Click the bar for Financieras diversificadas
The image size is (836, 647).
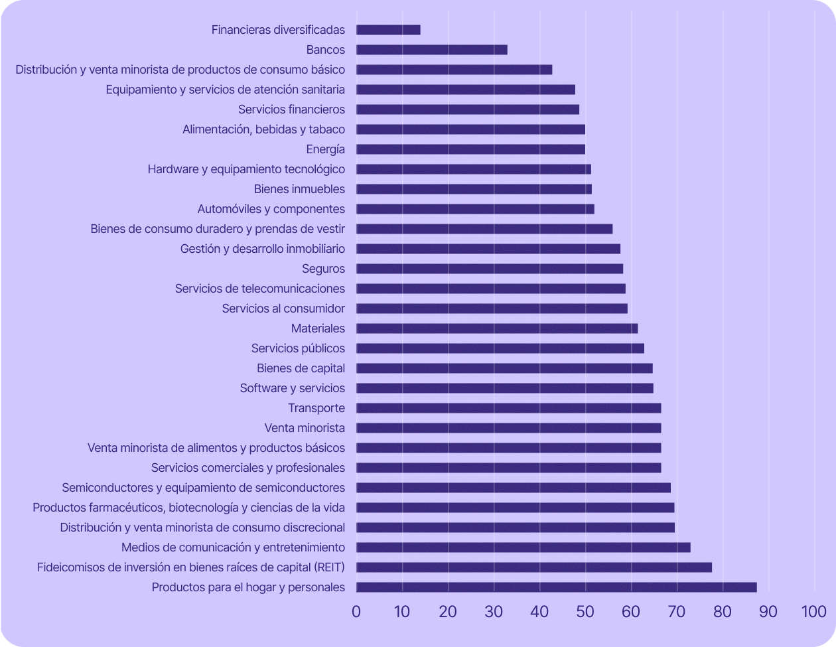[x=388, y=30]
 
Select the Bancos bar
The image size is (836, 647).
[x=431, y=50]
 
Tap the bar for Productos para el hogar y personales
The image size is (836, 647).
[x=556, y=587]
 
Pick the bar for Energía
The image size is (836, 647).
[x=470, y=149]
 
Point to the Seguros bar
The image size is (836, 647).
[x=490, y=269]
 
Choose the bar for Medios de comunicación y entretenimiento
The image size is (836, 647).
[x=523, y=547]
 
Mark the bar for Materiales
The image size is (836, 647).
[x=497, y=328]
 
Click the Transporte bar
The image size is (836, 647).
[x=508, y=408]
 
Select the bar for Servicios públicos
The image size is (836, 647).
[x=500, y=348]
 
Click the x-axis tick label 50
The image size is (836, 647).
[x=585, y=612]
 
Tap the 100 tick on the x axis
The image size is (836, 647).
[x=813, y=612]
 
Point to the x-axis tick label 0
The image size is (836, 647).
[x=356, y=612]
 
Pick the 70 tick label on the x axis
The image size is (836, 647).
[x=677, y=612]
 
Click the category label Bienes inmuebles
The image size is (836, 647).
[x=299, y=189]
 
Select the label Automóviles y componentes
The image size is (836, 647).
[x=271, y=209]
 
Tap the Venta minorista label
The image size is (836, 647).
[x=305, y=428]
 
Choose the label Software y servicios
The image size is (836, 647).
[x=293, y=388]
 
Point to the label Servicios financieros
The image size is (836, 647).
[x=291, y=109]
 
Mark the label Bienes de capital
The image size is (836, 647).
[x=301, y=368]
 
